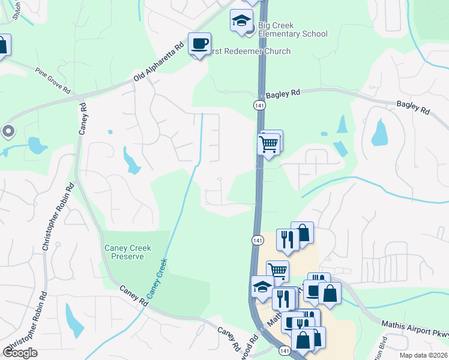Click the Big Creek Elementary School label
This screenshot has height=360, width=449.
(293, 29)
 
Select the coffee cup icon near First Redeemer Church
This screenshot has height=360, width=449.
(199, 44)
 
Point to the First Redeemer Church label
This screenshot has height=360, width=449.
(249, 52)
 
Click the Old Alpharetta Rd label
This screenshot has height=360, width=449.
(158, 62)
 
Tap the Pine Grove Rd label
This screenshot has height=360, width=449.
(53, 80)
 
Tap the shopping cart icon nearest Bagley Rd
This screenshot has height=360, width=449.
(268, 144)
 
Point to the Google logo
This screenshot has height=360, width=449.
(20, 353)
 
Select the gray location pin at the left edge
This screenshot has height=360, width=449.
(8, 131)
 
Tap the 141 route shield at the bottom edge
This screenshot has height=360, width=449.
(285, 350)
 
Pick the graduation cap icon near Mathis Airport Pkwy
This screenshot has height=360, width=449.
(262, 286)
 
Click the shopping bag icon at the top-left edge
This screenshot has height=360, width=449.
(2, 46)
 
